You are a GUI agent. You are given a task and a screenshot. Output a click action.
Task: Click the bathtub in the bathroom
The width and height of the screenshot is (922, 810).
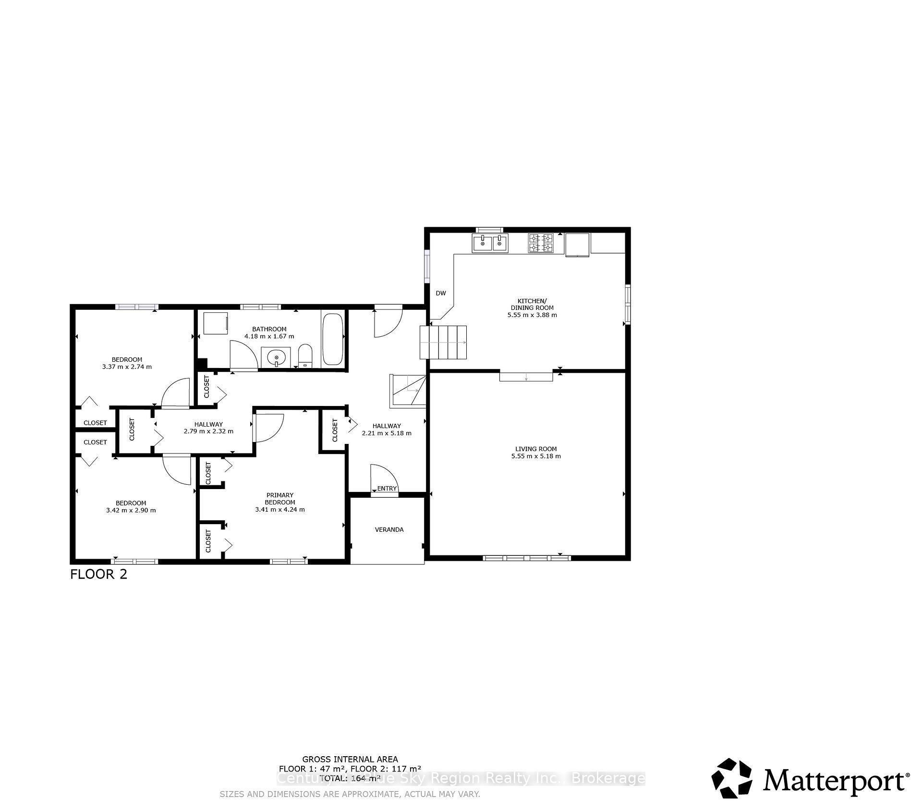click(x=332, y=339)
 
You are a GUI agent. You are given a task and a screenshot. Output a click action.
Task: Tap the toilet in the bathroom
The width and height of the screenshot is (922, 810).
click(x=305, y=355)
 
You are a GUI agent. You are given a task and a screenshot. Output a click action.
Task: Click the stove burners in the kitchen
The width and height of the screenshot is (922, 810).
click(x=541, y=243)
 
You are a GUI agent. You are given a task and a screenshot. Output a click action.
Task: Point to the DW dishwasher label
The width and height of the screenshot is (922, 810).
click(x=440, y=293)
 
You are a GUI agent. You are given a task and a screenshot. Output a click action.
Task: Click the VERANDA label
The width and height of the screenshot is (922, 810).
click(x=389, y=529)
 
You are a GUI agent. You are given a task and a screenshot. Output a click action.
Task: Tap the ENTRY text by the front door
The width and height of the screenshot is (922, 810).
click(x=387, y=489)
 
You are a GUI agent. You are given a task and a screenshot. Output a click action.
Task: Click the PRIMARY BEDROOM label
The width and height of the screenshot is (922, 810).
click(x=280, y=499)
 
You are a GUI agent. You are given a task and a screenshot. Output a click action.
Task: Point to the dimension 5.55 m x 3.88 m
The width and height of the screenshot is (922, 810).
click(x=532, y=315)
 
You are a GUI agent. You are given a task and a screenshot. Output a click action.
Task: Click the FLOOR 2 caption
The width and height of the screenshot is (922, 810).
click(x=99, y=575)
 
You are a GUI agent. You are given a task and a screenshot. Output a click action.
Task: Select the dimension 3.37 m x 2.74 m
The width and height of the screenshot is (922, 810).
click(x=127, y=367)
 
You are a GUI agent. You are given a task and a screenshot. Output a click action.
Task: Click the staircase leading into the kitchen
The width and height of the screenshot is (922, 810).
click(x=444, y=342)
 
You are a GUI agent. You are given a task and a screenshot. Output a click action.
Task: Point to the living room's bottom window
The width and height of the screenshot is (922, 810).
click(x=527, y=558)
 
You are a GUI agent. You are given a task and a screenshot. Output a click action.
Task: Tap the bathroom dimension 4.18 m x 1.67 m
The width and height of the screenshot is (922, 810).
click(x=269, y=336)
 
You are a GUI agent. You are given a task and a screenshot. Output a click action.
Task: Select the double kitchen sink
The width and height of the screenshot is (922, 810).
click(x=490, y=244)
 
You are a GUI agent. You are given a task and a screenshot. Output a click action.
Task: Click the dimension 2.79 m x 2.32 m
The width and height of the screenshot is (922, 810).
click(x=208, y=431)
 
